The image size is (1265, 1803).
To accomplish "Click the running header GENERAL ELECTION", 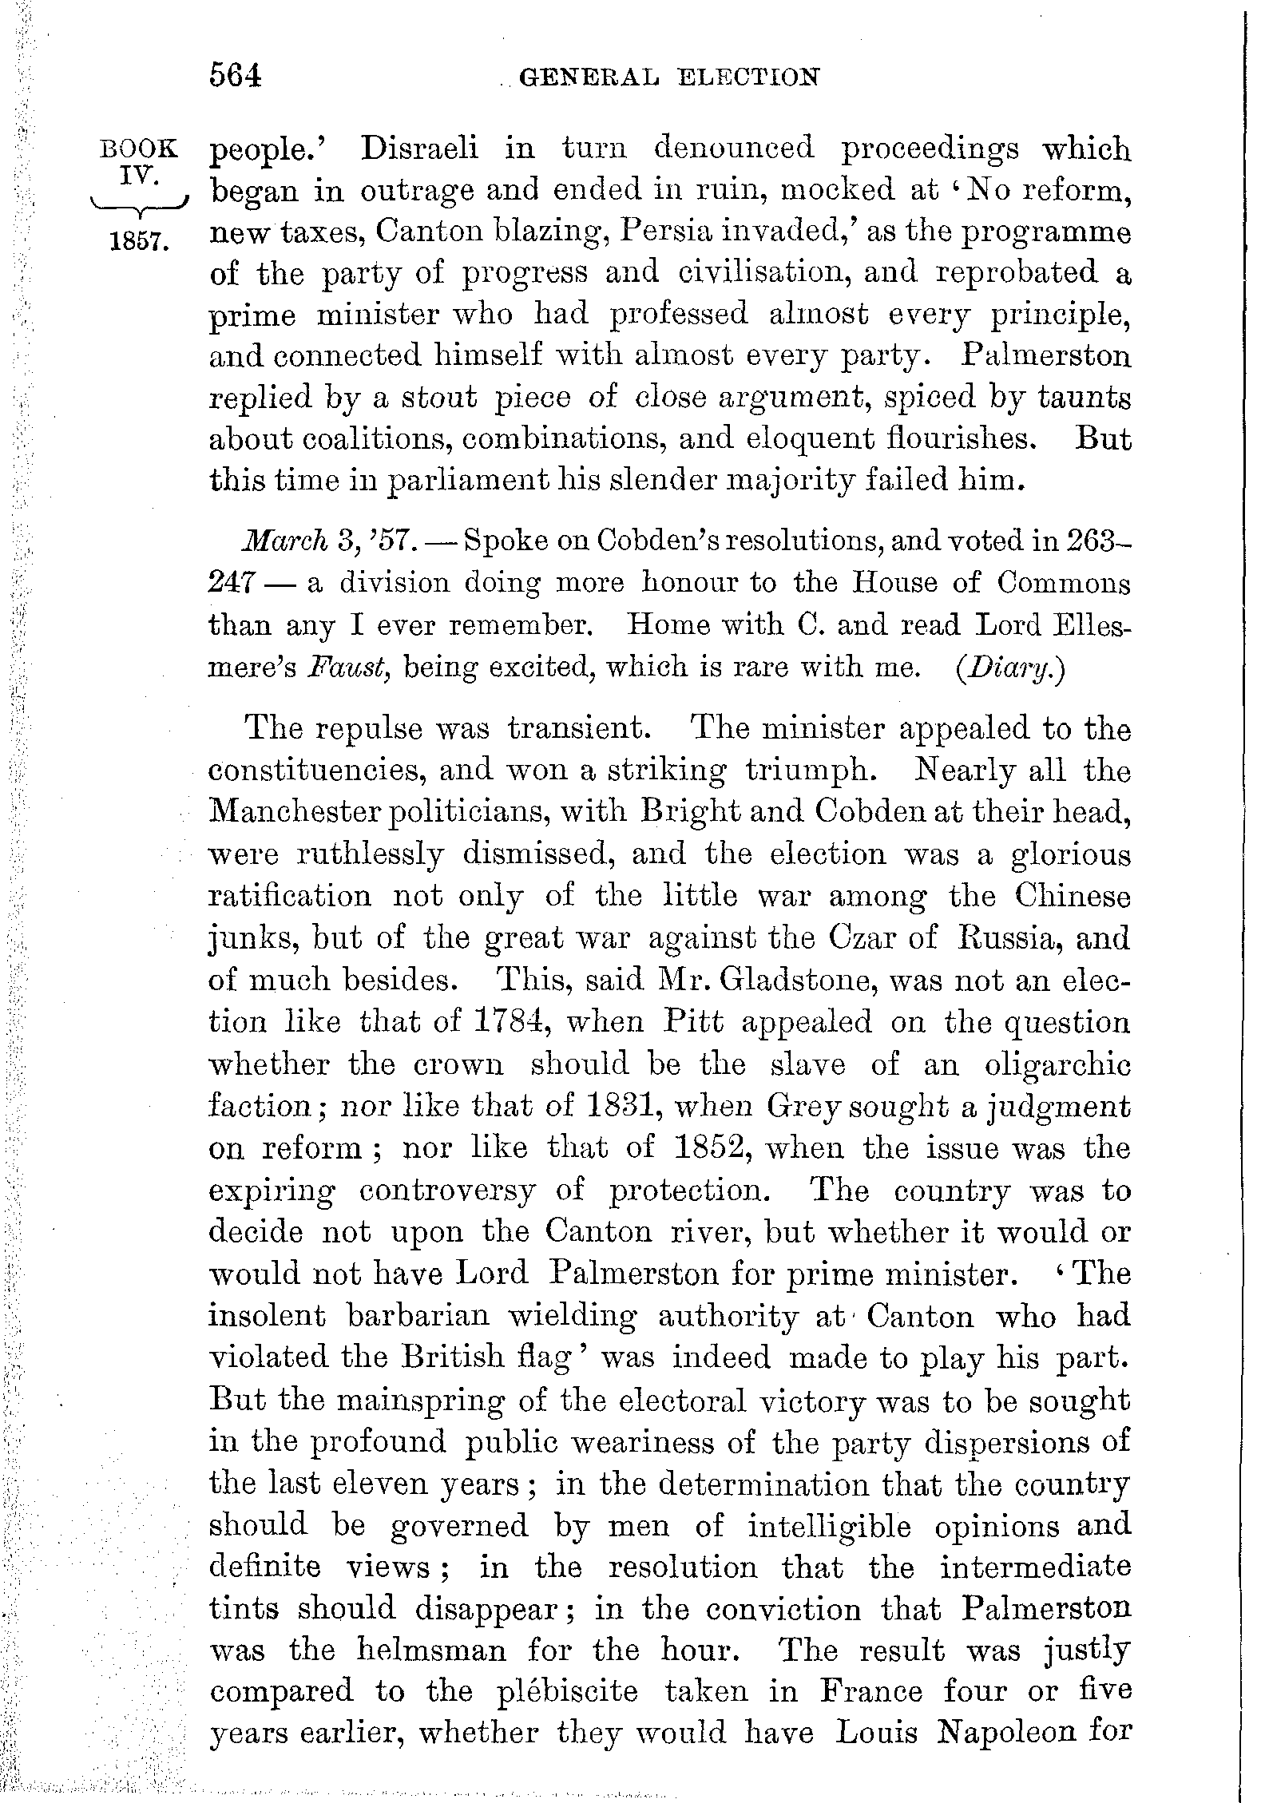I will (668, 77).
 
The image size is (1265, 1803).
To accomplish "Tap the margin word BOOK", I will (137, 149).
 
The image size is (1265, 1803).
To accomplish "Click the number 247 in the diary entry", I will (231, 583).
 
